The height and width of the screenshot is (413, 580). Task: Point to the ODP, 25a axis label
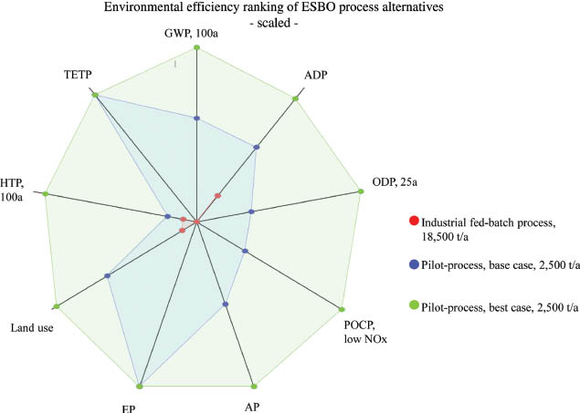pos(395,182)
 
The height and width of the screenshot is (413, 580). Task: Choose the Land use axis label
pos(31,326)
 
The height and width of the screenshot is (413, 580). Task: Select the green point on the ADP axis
pos(296,98)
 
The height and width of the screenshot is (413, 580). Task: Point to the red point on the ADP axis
pos(217,195)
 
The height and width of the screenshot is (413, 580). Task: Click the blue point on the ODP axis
pos(252,212)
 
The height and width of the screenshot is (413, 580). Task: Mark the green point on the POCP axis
pos(341,308)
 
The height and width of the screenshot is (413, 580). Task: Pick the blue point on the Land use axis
pos(108,275)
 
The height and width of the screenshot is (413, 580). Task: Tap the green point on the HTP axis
pos(45,193)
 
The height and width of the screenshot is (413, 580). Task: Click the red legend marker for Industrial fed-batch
pos(414,221)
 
